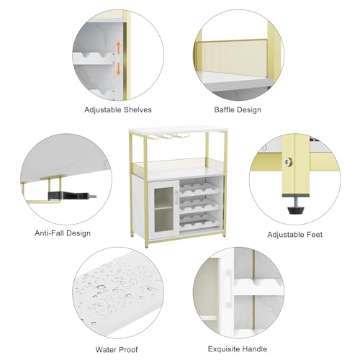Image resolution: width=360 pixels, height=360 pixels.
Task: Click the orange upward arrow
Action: click(x=118, y=47)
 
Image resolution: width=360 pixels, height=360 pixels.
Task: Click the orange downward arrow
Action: click(x=118, y=68)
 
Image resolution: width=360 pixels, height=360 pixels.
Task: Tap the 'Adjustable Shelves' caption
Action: click(x=118, y=110)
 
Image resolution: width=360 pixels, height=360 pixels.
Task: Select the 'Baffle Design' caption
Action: click(x=238, y=110)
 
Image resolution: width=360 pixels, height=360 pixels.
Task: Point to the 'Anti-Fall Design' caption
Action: click(x=63, y=233)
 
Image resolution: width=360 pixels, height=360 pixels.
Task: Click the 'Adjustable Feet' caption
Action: click(x=294, y=235)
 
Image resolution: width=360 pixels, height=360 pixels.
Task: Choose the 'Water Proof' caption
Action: click(x=117, y=349)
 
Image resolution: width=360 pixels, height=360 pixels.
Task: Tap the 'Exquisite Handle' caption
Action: click(x=238, y=349)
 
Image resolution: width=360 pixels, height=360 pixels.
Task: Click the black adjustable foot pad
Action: click(x=296, y=210)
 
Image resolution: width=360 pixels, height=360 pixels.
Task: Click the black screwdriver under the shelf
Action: click(x=72, y=196)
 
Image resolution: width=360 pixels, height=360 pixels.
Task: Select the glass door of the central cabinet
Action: click(x=164, y=210)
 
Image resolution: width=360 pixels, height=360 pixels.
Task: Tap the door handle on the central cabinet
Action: click(x=176, y=198)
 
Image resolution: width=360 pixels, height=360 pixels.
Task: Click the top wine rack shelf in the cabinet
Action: click(x=199, y=187)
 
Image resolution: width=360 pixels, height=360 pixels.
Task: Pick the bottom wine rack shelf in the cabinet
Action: click(x=199, y=222)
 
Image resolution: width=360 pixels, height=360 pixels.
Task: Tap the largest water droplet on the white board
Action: click(x=101, y=287)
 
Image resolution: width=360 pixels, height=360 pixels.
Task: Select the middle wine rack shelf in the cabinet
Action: click(x=199, y=204)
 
